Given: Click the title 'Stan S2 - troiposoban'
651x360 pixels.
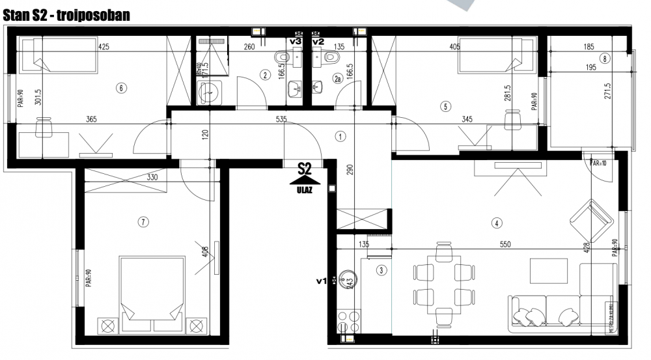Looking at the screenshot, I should (x=67, y=15).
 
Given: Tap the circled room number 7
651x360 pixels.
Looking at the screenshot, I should (x=143, y=222).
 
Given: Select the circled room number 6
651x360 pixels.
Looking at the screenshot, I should (x=120, y=88).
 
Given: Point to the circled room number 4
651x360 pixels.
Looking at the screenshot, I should (x=497, y=223).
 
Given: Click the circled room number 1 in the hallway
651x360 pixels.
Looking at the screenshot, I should (x=340, y=137).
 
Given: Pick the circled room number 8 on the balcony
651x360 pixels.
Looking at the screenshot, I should (x=605, y=59).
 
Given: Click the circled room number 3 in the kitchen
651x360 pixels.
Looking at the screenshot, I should (x=381, y=270).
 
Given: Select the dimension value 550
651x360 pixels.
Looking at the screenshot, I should (x=505, y=244).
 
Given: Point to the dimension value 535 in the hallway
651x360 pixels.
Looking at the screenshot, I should (x=281, y=120).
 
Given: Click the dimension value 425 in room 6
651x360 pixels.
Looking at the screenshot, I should (x=104, y=47).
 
